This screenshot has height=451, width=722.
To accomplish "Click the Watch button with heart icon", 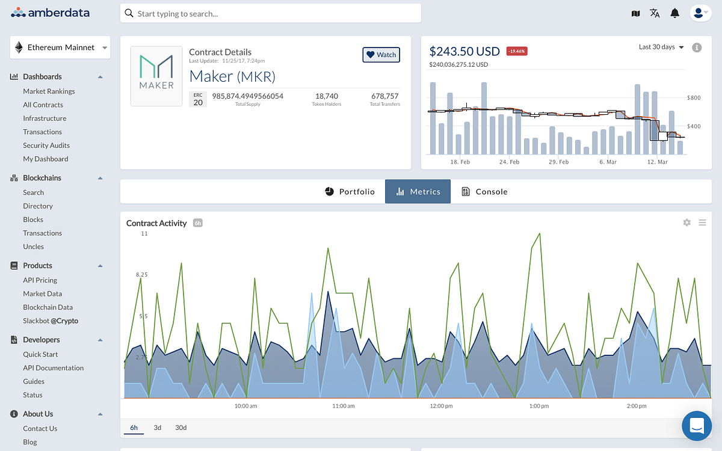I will point(381,55).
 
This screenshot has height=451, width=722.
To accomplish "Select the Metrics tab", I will point(418,192).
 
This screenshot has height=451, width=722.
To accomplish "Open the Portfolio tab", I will point(350,192).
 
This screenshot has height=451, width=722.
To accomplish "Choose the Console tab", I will point(484,192).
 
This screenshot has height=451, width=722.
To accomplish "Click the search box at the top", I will point(270,13).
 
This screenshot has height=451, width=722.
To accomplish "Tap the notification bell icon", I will point(675,13).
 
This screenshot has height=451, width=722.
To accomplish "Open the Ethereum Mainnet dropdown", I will point(60,48).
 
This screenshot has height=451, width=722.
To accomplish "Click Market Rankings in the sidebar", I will point(49,91).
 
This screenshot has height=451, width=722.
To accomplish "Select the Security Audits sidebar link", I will point(46,146).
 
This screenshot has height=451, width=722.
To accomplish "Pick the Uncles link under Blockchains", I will point(34,247).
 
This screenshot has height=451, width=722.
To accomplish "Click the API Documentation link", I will point(54,368).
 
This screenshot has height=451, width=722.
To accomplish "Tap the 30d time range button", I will point(180,428).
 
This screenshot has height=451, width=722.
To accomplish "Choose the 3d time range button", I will point(157,428).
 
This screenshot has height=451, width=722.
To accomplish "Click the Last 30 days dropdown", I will point(661,47).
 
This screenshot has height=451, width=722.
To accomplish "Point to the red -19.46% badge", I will point(517,51).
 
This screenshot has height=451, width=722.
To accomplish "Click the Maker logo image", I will point(156,76).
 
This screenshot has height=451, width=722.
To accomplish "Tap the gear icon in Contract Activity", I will point(687,222).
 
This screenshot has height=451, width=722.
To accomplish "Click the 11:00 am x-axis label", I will point(344,407).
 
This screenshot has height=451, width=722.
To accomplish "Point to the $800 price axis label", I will point(694,97).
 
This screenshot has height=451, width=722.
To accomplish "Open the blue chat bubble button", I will point(697,426).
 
